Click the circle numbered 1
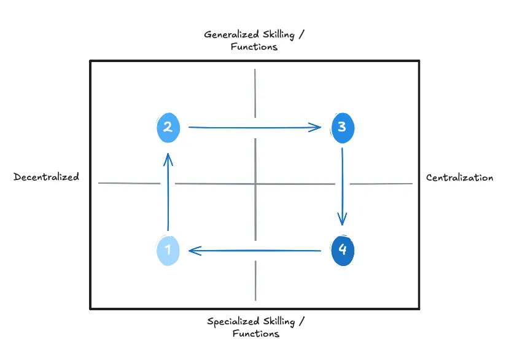(168, 251)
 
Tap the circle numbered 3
(343, 127)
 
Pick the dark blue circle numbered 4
(343, 251)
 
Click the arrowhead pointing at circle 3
(316, 127)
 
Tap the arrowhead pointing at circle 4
(342, 219)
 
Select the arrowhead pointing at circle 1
(195, 251)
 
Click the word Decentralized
(47, 177)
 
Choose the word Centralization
(459, 178)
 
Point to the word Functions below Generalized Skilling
(254, 47)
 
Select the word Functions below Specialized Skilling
(255, 334)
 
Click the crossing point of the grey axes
(255, 183)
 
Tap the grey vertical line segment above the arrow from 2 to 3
(255, 92)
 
